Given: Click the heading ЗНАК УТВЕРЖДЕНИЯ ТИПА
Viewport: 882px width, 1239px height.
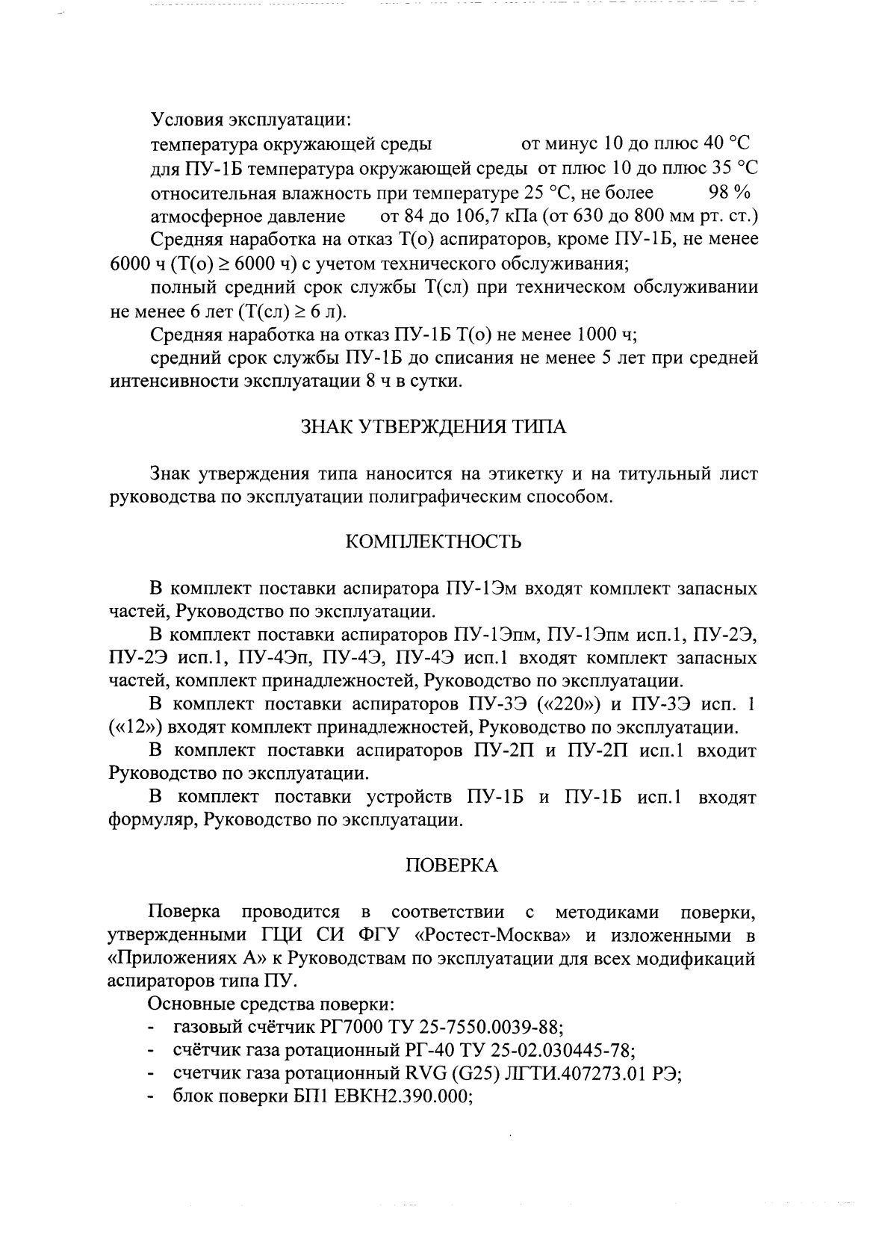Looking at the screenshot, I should pos(433,427).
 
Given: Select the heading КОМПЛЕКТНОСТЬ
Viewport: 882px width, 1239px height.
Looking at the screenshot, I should pos(433,541).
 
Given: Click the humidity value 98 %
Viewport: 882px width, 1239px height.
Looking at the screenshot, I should pos(729,193).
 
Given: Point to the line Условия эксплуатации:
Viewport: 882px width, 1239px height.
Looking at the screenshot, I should pos(251,119).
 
